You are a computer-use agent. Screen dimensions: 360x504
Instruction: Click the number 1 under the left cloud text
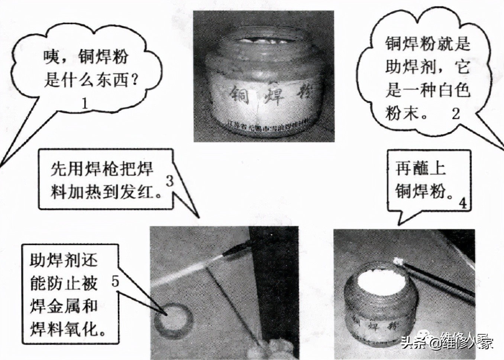[x=85, y=103]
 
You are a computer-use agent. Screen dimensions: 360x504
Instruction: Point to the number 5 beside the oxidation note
[x=115, y=282]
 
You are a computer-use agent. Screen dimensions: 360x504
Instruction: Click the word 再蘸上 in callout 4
[x=420, y=169]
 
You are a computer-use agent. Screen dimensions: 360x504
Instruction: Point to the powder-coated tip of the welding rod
[x=398, y=262]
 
